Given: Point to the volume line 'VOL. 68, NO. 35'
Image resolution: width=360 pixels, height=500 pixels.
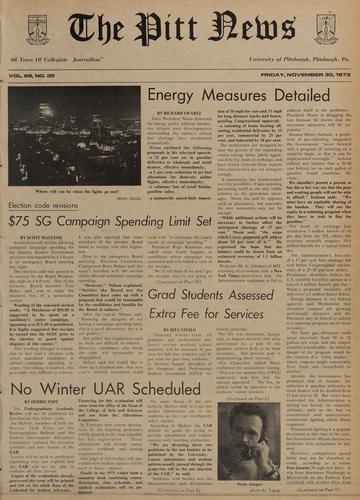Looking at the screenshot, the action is point(37,76).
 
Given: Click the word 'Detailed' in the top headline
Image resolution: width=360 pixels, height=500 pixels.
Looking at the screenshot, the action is point(310,96).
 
